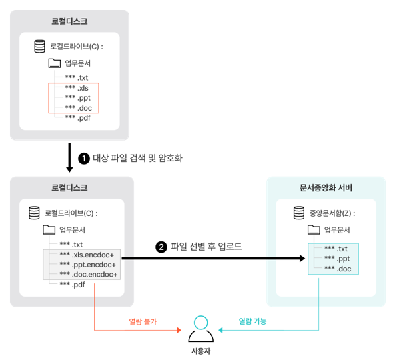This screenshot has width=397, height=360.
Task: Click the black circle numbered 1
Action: [84, 159]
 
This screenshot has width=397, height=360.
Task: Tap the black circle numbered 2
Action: [161, 247]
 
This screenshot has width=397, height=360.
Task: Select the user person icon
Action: [200, 329]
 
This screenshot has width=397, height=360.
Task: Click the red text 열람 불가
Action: [143, 322]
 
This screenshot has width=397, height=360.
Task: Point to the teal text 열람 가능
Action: [252, 321]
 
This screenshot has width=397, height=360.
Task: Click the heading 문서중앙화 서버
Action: [326, 188]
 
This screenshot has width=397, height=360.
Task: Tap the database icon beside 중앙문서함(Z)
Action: [299, 213]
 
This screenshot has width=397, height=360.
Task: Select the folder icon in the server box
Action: [314, 230]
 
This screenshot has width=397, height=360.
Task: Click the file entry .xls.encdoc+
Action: [87, 255]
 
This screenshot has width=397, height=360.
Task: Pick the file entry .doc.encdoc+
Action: [89, 275]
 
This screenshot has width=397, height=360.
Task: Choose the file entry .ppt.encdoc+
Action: [88, 265]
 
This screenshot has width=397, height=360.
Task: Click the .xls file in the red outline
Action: [77, 88]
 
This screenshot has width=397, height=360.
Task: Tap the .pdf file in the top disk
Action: [77, 118]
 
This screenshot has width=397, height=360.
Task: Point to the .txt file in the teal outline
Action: [336, 249]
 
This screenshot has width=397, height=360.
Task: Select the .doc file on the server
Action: [338, 269]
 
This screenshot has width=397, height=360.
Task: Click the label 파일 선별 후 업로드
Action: [206, 247]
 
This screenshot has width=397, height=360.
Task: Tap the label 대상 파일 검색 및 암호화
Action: [137, 158]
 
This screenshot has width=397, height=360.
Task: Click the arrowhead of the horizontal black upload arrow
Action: [302, 259]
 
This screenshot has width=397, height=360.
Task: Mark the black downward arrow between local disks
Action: [69, 157]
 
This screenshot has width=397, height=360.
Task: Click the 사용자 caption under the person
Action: [200, 351]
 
